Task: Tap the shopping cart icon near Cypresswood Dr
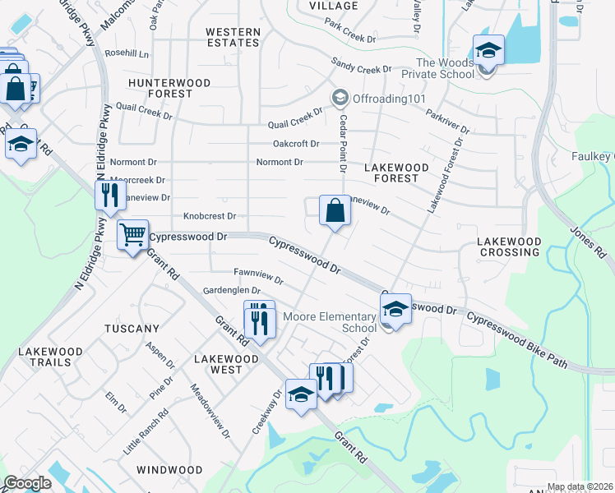132,236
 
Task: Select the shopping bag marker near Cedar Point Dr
335,212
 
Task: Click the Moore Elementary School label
330,322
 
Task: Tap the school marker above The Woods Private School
488,51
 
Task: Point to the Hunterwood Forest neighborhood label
169,89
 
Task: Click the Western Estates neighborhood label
233,38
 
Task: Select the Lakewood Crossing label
510,247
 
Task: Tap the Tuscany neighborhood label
132,329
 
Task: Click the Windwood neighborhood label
169,470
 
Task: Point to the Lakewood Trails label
50,357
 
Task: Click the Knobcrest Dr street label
210,217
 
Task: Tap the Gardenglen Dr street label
232,291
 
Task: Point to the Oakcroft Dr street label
296,143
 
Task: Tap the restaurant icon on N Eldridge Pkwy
109,196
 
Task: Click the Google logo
28,483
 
